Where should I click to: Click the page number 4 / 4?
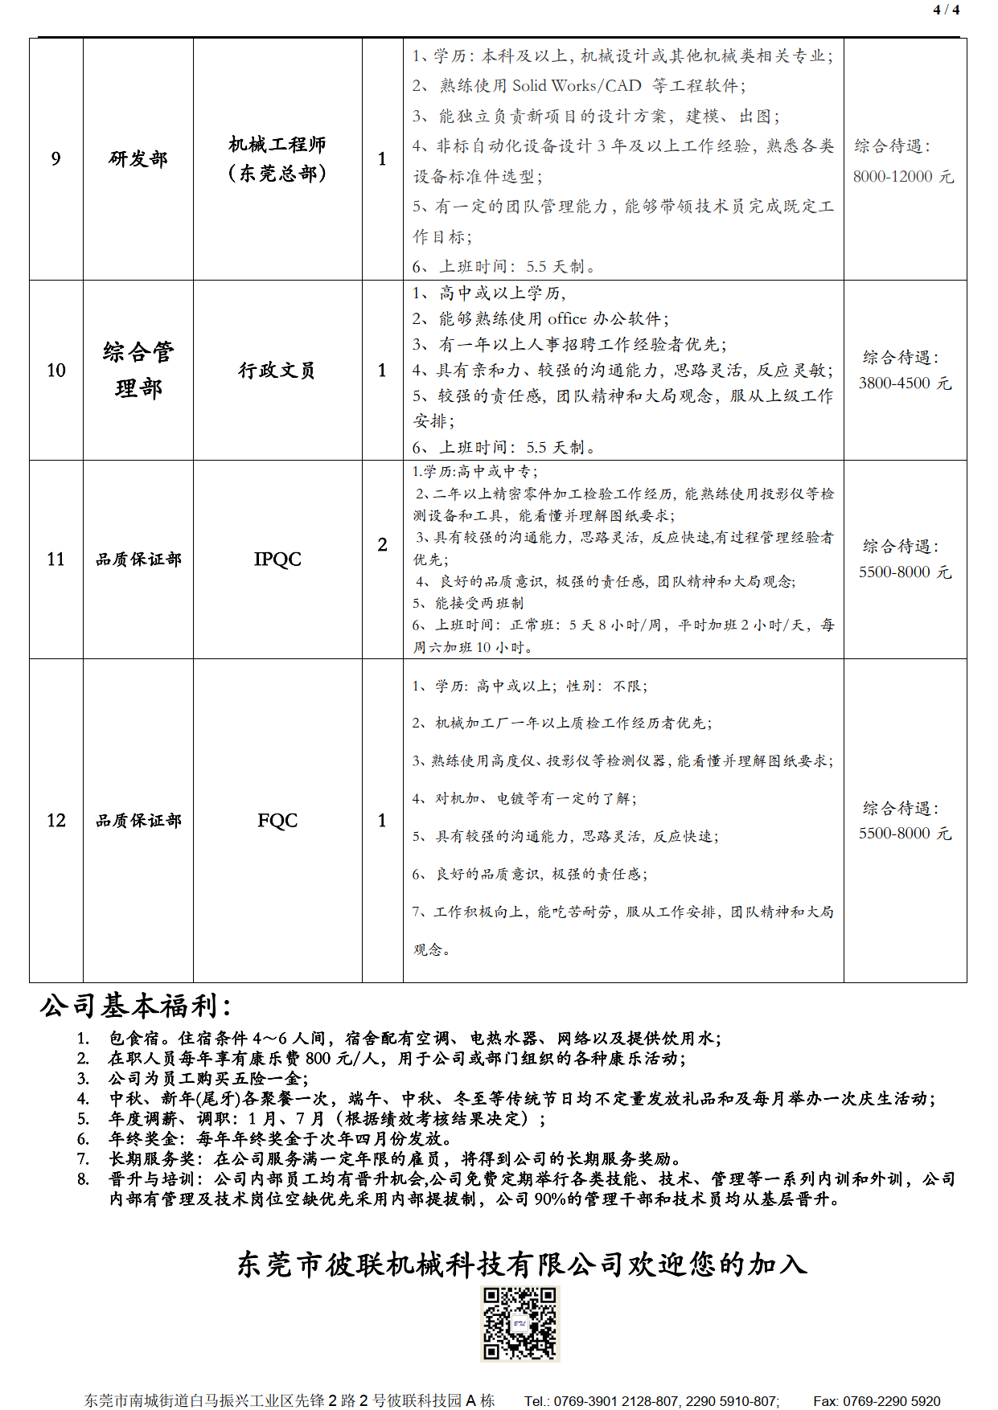tap(946, 10)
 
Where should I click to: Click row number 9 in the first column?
tap(55, 158)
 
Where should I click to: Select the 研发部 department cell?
tap(138, 158)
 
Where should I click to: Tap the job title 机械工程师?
tap(277, 145)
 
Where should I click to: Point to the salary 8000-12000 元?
tap(903, 176)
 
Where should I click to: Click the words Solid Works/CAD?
tap(577, 85)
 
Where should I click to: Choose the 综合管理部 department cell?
tap(138, 370)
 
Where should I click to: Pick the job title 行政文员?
tap(277, 370)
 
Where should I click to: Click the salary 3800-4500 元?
tap(905, 383)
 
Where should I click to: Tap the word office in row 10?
tap(567, 318)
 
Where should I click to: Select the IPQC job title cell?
tap(277, 559)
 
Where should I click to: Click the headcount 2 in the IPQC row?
tap(382, 544)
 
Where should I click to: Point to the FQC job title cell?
tap(277, 820)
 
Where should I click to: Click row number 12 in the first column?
tap(55, 820)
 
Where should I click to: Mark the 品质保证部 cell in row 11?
tap(138, 559)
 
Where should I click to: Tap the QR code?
tap(520, 1323)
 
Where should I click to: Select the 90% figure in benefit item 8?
tap(550, 1199)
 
